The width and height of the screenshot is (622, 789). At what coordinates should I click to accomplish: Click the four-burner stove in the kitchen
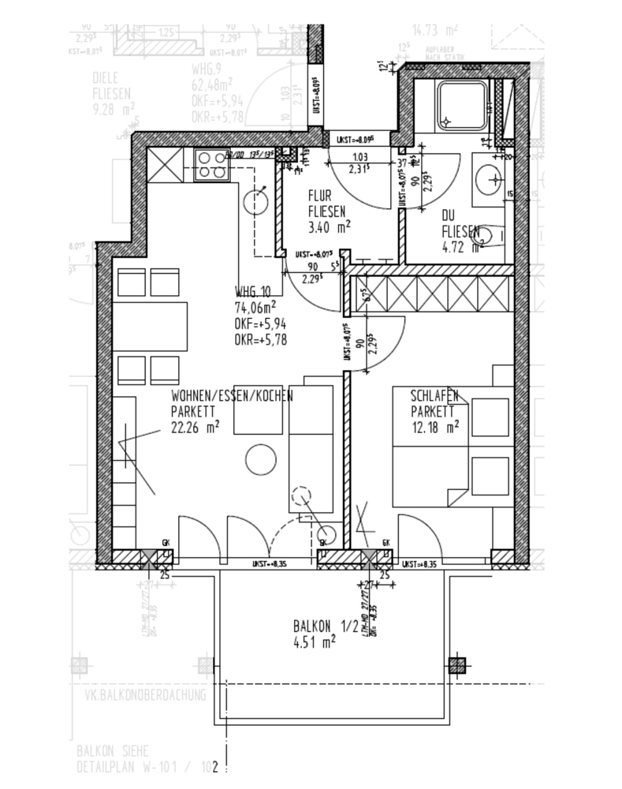(209, 166)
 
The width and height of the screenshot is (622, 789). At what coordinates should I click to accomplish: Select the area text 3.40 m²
(328, 226)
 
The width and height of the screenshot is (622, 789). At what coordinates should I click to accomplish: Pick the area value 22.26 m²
(195, 428)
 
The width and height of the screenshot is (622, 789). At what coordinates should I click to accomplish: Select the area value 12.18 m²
(434, 428)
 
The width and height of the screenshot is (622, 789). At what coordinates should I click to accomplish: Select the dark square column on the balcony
(456, 664)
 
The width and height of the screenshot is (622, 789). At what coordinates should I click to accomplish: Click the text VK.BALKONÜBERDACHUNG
(145, 695)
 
